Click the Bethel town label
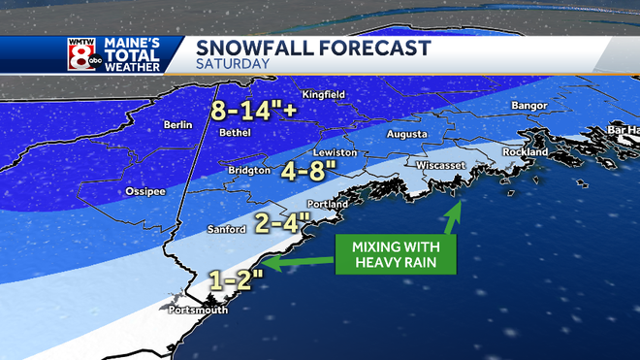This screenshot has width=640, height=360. coord(236,132)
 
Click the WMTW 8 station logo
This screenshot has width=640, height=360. coord(82,54)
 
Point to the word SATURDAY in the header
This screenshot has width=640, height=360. coord(233,65)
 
